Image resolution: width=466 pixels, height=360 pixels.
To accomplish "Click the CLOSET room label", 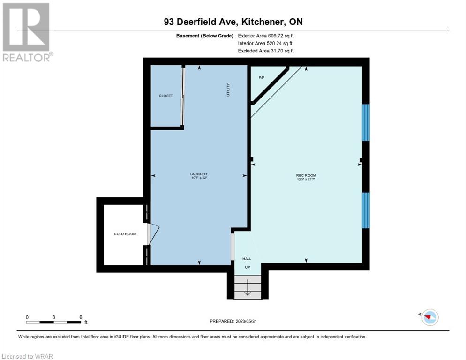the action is pyautogui.click(x=166, y=96).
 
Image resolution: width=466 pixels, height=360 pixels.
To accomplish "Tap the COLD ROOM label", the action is pyautogui.click(x=125, y=234).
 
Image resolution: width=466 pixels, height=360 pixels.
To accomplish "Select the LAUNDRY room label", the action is pyautogui.click(x=199, y=174).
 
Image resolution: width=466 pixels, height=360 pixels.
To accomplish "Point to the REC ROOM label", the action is pyautogui.click(x=306, y=175).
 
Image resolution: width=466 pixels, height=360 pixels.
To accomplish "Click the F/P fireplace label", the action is pyautogui.click(x=262, y=78).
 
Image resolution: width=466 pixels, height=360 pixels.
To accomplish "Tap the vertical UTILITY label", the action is pyautogui.click(x=228, y=90).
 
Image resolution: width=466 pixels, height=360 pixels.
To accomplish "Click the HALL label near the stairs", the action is pyautogui.click(x=247, y=259).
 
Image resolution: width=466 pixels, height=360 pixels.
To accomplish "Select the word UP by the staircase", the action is pyautogui.click(x=247, y=267).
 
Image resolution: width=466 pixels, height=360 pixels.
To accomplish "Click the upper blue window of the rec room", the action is pyautogui.click(x=366, y=122).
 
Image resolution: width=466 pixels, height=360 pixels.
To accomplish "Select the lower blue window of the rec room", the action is pyautogui.click(x=366, y=210).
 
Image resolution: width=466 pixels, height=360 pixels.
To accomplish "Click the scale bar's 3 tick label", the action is pyautogui.click(x=53, y=317).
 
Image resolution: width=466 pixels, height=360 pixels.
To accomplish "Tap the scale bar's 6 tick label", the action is pyautogui.click(x=81, y=317).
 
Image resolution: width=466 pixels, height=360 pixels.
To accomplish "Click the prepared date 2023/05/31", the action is pyautogui.click(x=246, y=321).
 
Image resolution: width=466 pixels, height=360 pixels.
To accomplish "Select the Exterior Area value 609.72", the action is pyautogui.click(x=275, y=36).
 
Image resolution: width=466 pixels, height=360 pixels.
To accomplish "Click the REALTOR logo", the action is pyautogui.click(x=27, y=32).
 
